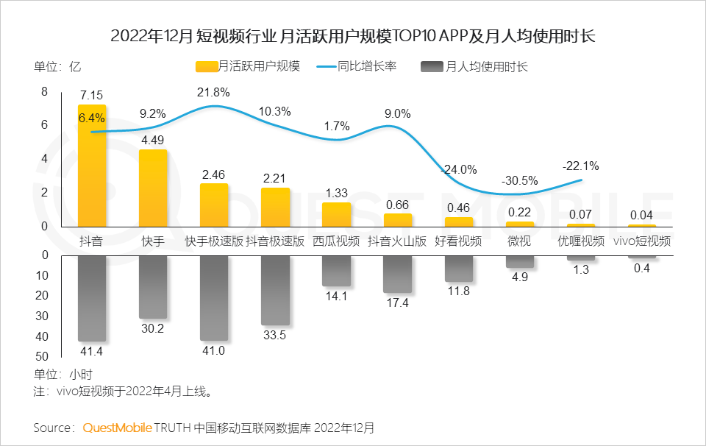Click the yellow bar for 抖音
click(x=92, y=166)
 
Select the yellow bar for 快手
click(x=153, y=188)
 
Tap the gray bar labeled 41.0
click(x=214, y=298)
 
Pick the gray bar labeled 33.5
click(x=275, y=291)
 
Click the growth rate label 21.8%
click(x=213, y=93)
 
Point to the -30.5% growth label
click(x=519, y=181)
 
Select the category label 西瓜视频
click(x=336, y=241)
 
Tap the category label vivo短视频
click(x=642, y=241)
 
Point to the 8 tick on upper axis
click(x=44, y=91)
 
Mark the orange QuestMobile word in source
click(x=117, y=428)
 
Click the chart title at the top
click(x=353, y=35)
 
